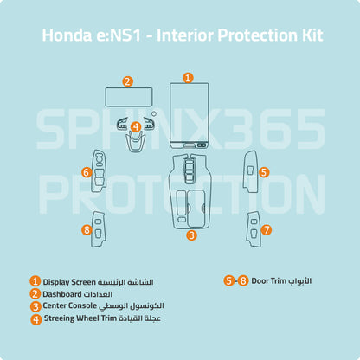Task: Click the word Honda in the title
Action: tap(67, 35)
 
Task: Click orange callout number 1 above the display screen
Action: tap(188, 78)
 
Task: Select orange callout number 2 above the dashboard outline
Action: tap(127, 81)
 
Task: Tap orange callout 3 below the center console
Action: tap(191, 235)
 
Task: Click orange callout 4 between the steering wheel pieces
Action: tap(136, 126)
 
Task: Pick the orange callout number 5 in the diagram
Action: tap(264, 172)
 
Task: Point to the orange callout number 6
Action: tap(87, 172)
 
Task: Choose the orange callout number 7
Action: tap(267, 230)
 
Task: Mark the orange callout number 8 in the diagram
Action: tap(87, 230)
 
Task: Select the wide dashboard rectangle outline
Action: tap(129, 88)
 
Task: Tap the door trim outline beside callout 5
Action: tap(245, 171)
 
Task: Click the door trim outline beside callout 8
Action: tap(93, 229)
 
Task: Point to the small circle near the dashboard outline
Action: tap(154, 113)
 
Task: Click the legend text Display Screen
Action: tap(69, 282)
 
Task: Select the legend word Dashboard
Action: tap(62, 294)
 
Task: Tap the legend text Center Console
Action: tap(70, 305)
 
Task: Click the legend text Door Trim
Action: tap(269, 280)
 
